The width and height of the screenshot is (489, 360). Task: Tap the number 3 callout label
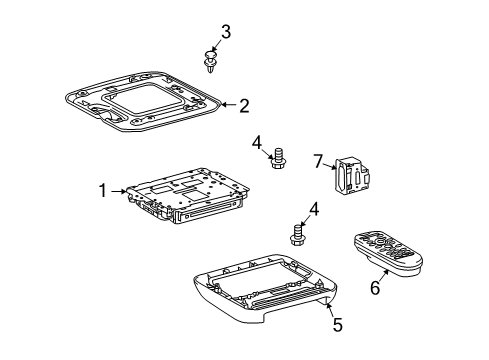[x=226, y=32]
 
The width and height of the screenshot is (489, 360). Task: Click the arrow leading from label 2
[x=229, y=103]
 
